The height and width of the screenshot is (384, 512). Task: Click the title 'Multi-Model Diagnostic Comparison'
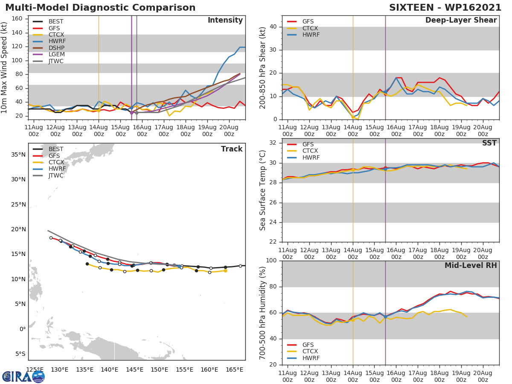pos(100,8)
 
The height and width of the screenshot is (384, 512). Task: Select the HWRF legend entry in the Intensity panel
pos(57,41)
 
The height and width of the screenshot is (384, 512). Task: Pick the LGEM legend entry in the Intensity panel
pos(57,55)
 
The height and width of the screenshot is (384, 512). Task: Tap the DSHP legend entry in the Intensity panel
pos(57,48)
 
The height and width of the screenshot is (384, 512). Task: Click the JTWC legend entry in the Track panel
pos(56,176)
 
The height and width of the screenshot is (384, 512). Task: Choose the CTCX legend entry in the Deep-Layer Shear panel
pos(310,28)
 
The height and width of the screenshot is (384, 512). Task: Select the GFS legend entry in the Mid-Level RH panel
pos(310,345)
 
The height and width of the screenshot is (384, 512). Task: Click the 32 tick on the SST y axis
pos(275,143)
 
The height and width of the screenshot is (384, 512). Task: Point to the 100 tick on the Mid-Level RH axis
pos(273,261)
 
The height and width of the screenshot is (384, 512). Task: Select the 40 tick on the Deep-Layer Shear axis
pos(275,27)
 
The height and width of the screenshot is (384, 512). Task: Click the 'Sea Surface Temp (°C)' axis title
pos(263,190)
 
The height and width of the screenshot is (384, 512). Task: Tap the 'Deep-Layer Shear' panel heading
pos(461,20)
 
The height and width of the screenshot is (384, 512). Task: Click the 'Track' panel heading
pos(232,149)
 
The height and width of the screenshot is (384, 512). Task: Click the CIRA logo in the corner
pos(23,376)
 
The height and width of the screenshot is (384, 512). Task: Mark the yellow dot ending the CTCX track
pos(225,271)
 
